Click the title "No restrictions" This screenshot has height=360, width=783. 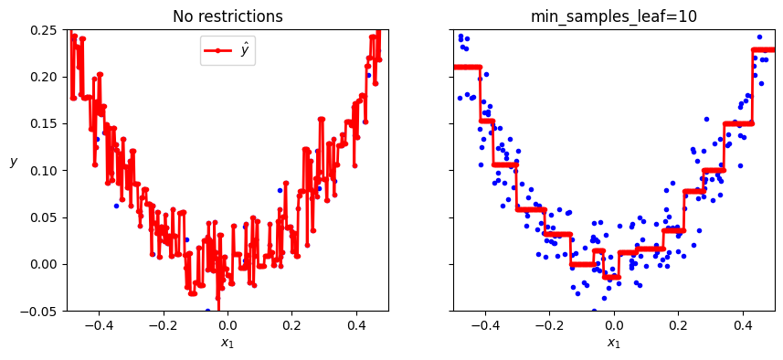click(x=228, y=16)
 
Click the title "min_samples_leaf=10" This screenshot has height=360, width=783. click(x=613, y=16)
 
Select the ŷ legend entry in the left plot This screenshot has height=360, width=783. click(x=227, y=51)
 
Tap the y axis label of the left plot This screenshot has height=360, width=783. click(x=14, y=162)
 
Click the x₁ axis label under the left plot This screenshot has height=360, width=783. click(x=228, y=344)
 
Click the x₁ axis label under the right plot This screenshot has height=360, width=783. click(x=614, y=344)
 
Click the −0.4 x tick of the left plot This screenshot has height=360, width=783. click(x=96, y=324)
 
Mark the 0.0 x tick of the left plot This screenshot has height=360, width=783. click(x=228, y=324)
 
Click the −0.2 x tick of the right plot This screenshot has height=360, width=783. click(x=546, y=324)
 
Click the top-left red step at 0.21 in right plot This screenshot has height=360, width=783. click(x=467, y=67)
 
